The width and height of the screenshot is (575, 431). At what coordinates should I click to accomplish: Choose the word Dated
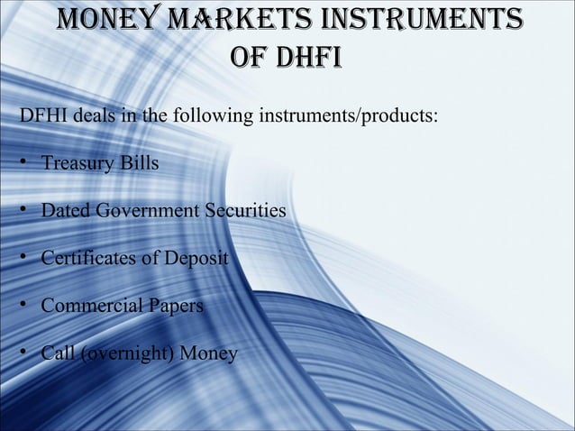pos(67,211)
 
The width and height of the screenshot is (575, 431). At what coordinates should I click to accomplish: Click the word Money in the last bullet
pos(209,352)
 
